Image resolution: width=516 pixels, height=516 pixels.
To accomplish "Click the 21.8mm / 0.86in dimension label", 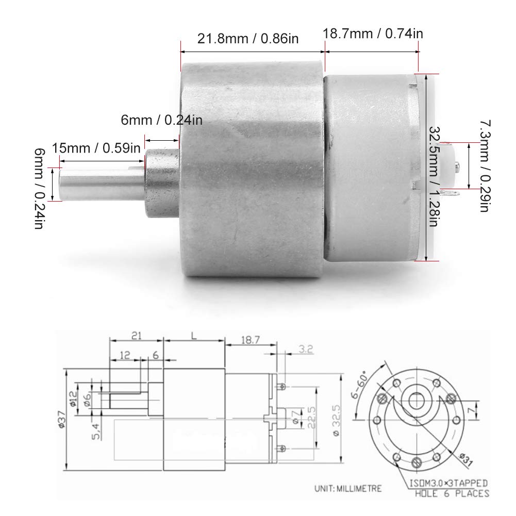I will tap(248, 38).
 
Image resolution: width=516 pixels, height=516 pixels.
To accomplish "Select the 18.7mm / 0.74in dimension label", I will tap(373, 34).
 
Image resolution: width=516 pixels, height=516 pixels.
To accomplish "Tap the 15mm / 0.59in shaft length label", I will tap(96, 149).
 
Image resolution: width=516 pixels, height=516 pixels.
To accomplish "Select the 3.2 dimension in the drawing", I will tap(305, 349).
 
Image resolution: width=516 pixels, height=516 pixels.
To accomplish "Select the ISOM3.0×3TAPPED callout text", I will tap(448, 484).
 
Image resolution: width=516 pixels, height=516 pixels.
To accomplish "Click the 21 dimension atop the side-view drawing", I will tap(136, 336).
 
